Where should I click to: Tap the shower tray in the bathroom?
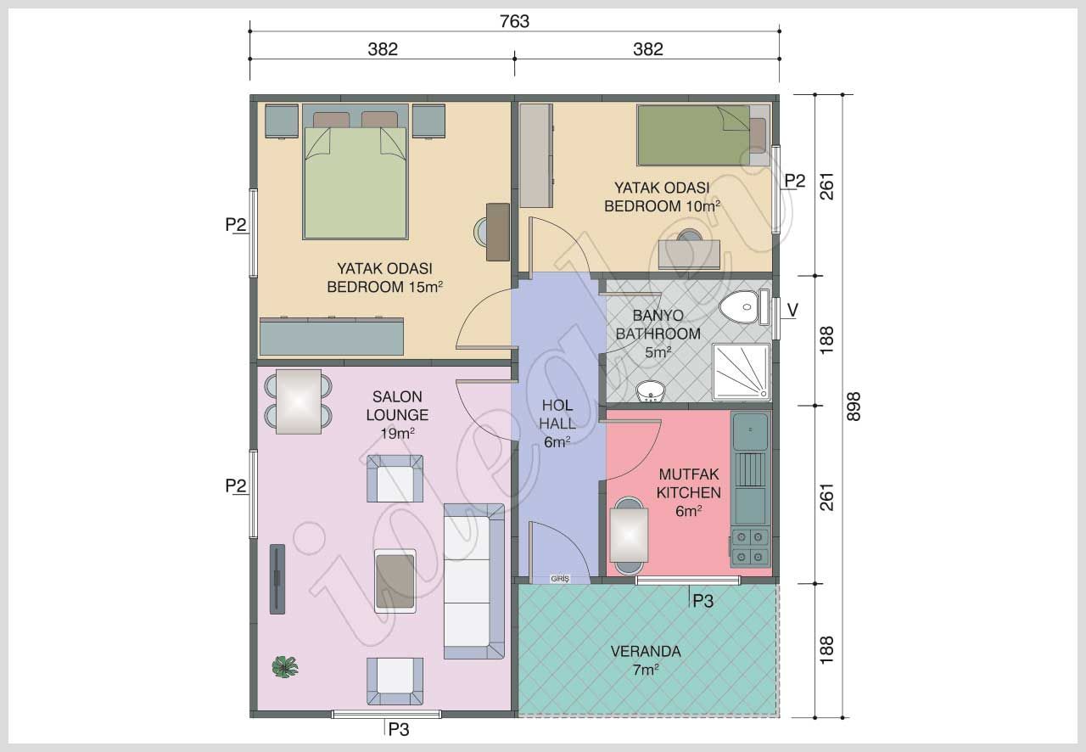pos(742,372)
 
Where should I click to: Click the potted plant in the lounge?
pos(285,667)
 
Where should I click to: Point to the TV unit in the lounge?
pos(277,578)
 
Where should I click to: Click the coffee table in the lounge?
pos(395,581)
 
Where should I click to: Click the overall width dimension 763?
pos(514,21)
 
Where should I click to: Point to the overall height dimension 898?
pos(854,407)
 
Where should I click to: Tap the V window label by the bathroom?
pos(792,311)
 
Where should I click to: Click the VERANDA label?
pos(646,652)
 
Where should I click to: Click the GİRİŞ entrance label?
pos(560,578)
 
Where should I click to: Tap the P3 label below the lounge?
pos(398,728)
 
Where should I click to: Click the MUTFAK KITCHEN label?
pos(689,485)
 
